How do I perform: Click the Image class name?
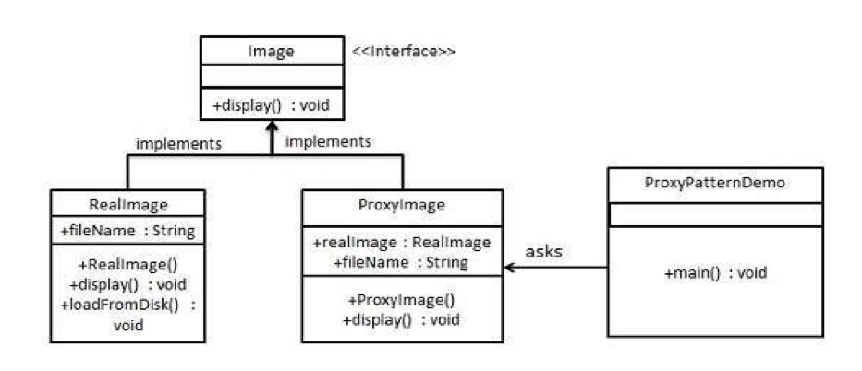pos(271,52)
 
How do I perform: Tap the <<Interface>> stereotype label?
pos(404,52)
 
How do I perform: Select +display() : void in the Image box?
pos(271,105)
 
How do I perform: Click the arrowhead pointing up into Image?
pos(271,126)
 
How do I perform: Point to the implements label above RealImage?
pos(178,144)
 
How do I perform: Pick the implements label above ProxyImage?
pos(328,141)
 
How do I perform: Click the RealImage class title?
pos(128,205)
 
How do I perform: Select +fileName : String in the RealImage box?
pos(128,231)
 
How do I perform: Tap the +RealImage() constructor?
pos(128,265)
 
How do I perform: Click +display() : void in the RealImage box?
pos(128,285)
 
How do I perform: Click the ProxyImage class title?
pos(401,205)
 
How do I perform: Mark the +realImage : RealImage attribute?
pos(401,243)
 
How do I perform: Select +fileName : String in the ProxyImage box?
pos(401,262)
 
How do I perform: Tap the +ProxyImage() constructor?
pos(401,300)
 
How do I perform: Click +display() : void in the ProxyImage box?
pos(401,320)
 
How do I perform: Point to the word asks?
pos(543,252)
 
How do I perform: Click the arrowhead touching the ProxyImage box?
pos(509,268)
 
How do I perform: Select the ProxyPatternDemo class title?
pos(715,184)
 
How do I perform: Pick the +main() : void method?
pos(715,273)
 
